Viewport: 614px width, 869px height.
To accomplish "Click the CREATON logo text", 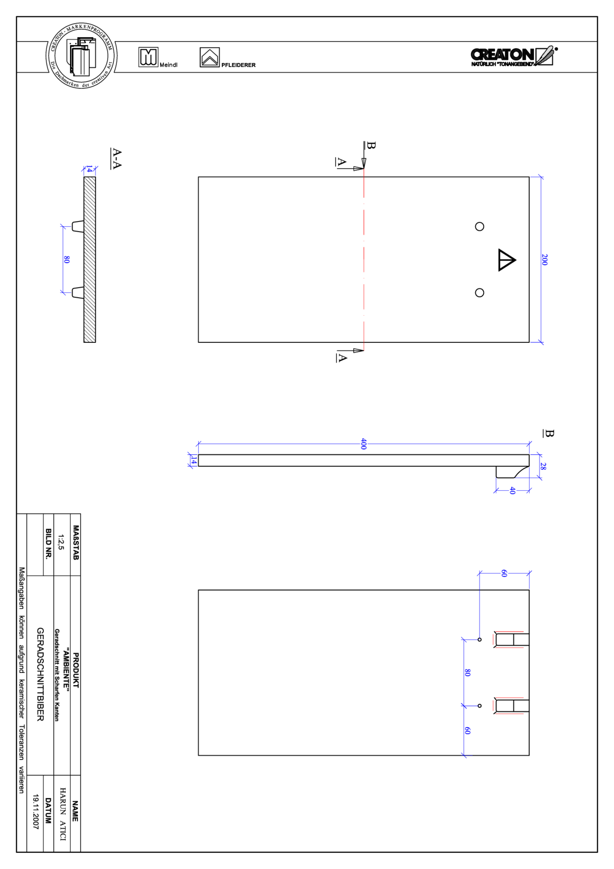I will pyautogui.click(x=502, y=55).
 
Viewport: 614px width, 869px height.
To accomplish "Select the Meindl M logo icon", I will pyautogui.click(x=148, y=57).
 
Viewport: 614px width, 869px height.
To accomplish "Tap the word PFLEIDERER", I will pyautogui.click(x=238, y=65).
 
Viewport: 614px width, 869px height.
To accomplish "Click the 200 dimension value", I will pyautogui.click(x=544, y=260).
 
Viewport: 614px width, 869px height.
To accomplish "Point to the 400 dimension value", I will pyautogui.click(x=364, y=444).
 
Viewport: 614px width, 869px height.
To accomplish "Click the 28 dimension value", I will pyautogui.click(x=543, y=466).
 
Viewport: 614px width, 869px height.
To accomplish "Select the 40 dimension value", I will pyautogui.click(x=512, y=491).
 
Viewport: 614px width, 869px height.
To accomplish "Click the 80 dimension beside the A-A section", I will pyautogui.click(x=67, y=260).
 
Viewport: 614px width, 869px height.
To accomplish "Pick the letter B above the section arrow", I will pyautogui.click(x=371, y=146).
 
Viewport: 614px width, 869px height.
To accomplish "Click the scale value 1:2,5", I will pyautogui.click(x=61, y=542).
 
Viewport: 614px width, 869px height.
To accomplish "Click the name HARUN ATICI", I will pyautogui.click(x=63, y=814).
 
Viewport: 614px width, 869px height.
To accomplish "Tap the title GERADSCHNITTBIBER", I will pyautogui.click(x=40, y=674).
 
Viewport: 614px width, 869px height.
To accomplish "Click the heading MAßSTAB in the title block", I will pyautogui.click(x=76, y=542).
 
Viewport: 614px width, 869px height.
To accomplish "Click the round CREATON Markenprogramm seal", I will pyautogui.click(x=81, y=56).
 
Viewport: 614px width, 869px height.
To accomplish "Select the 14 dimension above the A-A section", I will pyautogui.click(x=89, y=169).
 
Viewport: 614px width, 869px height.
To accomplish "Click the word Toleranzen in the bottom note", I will pyautogui.click(x=22, y=742).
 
